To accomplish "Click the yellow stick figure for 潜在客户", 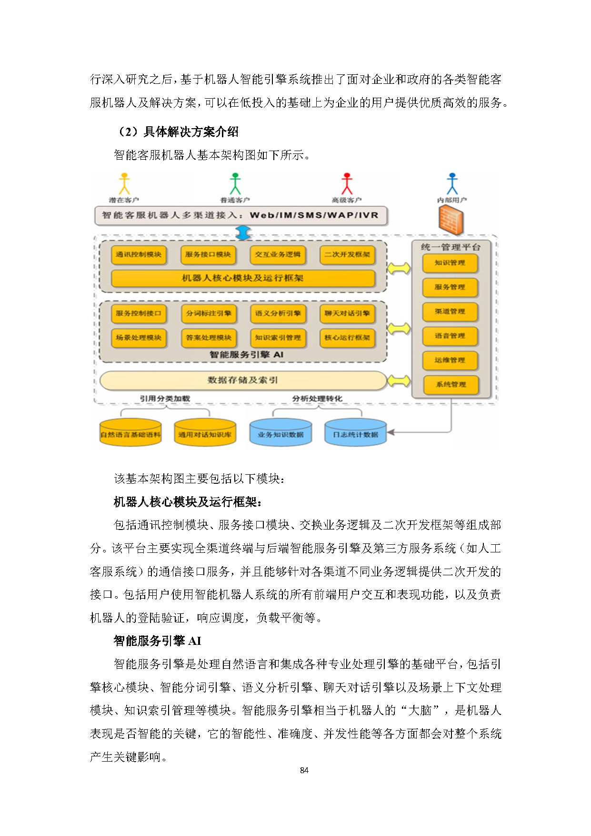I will point(124,184).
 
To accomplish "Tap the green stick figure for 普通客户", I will point(235,184).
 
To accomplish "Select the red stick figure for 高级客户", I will point(347,184).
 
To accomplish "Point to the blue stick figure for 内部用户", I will point(452,184).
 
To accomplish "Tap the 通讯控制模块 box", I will point(139,255).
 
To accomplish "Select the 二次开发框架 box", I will point(347,255).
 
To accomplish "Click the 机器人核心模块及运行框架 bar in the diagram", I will point(243,278).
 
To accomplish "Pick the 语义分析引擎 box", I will point(278,314).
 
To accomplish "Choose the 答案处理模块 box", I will point(209,337).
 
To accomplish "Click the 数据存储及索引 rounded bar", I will point(243,380).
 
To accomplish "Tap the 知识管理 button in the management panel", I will point(450,263).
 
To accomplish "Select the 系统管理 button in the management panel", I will point(451,385).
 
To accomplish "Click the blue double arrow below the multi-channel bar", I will point(243,233).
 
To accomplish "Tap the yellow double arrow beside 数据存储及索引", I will point(399,381).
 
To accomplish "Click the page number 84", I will point(304,770).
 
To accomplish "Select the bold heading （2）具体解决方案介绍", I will point(178,132).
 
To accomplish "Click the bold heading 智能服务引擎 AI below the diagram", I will point(158,641).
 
